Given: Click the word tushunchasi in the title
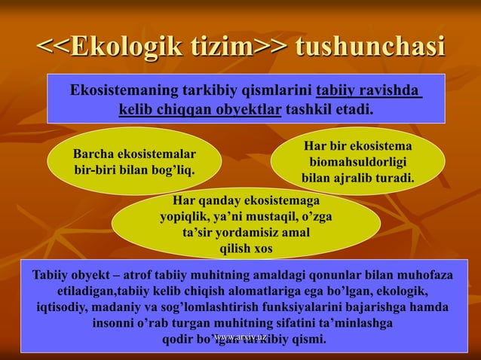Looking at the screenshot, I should click(x=369, y=47).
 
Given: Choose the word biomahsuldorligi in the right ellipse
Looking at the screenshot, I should click(x=358, y=162).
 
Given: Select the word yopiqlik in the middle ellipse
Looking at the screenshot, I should click(x=184, y=217).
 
